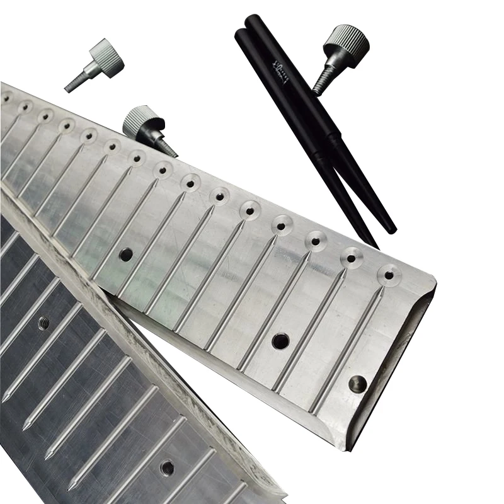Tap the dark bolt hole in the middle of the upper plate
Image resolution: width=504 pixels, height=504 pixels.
click(280, 340)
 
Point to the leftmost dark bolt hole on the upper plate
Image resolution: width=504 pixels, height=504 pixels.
click(126, 255)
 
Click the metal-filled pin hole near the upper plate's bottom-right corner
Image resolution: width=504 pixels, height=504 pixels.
click(358, 382)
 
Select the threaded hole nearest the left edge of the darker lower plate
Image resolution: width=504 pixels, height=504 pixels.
click(43, 323)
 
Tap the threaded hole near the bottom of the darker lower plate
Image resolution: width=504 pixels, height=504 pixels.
click(167, 467)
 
